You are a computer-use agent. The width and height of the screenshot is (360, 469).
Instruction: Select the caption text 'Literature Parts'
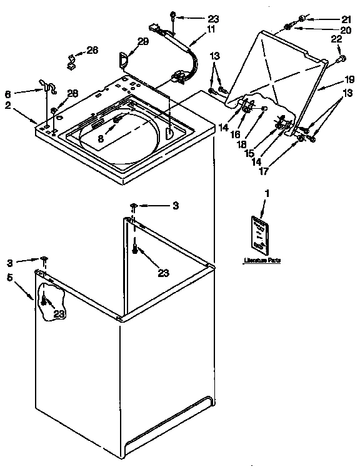(x=261, y=259)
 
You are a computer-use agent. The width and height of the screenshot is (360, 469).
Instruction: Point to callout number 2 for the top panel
(x=8, y=105)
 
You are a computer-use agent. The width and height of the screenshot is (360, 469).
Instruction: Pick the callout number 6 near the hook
(x=8, y=94)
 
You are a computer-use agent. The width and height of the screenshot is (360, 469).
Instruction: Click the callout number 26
(x=92, y=50)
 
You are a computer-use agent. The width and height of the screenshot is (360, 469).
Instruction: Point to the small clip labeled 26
(x=70, y=62)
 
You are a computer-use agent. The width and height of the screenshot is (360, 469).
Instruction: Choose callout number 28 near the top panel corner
(x=72, y=93)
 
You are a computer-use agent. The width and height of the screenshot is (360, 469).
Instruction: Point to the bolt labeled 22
(x=341, y=59)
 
